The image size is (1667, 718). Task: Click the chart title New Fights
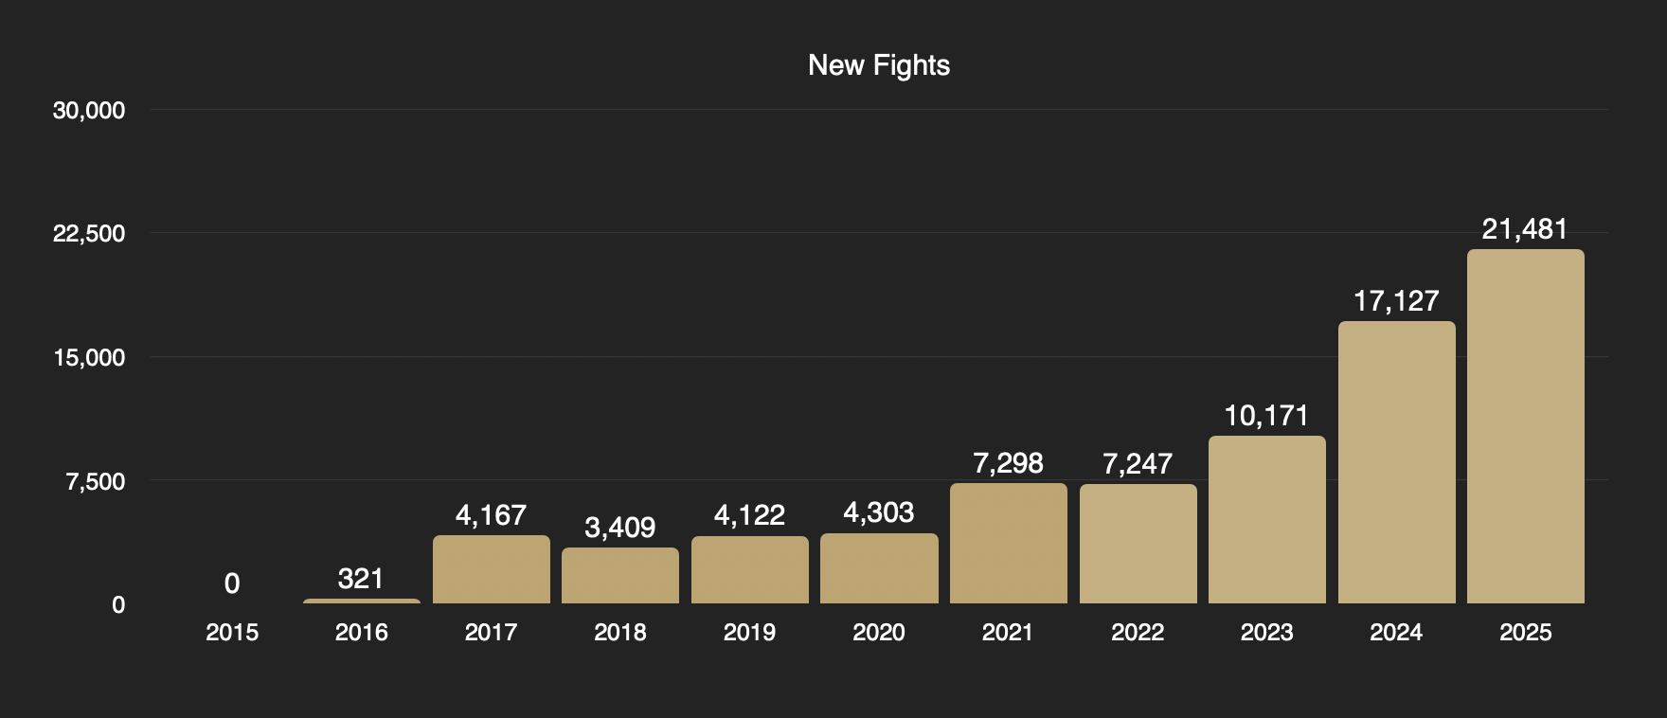coord(879,65)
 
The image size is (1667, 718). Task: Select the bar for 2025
coord(1525,426)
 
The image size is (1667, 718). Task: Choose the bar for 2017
coord(491,569)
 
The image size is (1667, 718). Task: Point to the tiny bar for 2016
coord(361,601)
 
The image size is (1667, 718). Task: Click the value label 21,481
coord(1525,229)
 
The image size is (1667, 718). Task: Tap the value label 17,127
coord(1396,301)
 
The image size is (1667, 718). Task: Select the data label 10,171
coord(1266,416)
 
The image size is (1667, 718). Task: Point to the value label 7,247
coord(1138,464)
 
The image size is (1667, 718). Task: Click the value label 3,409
coord(619,528)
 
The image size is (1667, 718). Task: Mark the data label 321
coord(361,579)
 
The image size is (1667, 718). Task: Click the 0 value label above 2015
coord(232,583)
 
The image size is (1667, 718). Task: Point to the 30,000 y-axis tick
coord(89,111)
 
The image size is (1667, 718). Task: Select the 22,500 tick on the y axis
coord(89,234)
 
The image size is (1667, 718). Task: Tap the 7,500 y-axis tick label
coord(95,481)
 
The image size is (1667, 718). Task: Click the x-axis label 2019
coord(749,633)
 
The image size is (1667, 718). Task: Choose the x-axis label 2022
coord(1138,633)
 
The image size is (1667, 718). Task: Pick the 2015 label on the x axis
coord(232,633)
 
